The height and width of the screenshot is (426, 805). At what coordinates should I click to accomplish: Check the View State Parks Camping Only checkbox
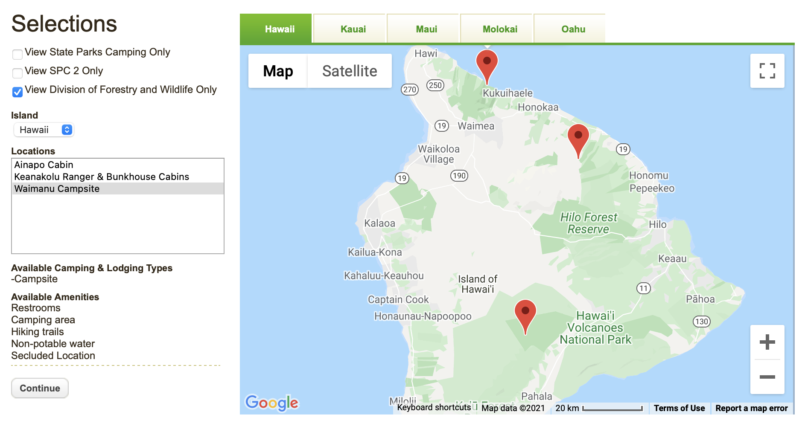click(x=17, y=54)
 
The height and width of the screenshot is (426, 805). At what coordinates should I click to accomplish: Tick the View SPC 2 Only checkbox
click(x=17, y=73)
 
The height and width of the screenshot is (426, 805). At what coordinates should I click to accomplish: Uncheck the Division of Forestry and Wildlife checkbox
click(x=17, y=92)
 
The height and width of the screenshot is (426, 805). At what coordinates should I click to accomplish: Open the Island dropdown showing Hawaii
click(x=44, y=130)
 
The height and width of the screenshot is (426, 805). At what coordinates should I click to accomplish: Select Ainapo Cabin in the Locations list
click(x=44, y=165)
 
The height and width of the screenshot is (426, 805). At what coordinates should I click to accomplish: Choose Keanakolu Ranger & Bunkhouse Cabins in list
click(x=102, y=177)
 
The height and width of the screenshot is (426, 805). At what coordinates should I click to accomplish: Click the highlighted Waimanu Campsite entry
click(x=57, y=189)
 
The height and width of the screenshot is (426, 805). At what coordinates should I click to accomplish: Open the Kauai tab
click(x=353, y=29)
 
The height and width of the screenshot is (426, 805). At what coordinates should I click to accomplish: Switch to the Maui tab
click(x=426, y=29)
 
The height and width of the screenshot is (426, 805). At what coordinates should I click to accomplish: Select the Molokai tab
click(x=500, y=29)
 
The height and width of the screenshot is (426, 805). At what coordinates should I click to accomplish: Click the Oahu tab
click(x=573, y=29)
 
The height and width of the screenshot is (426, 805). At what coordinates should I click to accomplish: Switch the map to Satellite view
click(x=350, y=71)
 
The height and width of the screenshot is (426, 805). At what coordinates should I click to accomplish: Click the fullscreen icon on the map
click(x=767, y=71)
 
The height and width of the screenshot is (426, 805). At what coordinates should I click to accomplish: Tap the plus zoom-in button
click(x=767, y=342)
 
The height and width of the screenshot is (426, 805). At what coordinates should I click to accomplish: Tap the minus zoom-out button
click(x=767, y=377)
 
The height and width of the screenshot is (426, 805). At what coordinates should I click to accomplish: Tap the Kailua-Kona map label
click(x=375, y=252)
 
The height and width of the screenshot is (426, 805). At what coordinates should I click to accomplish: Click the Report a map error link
click(x=751, y=408)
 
